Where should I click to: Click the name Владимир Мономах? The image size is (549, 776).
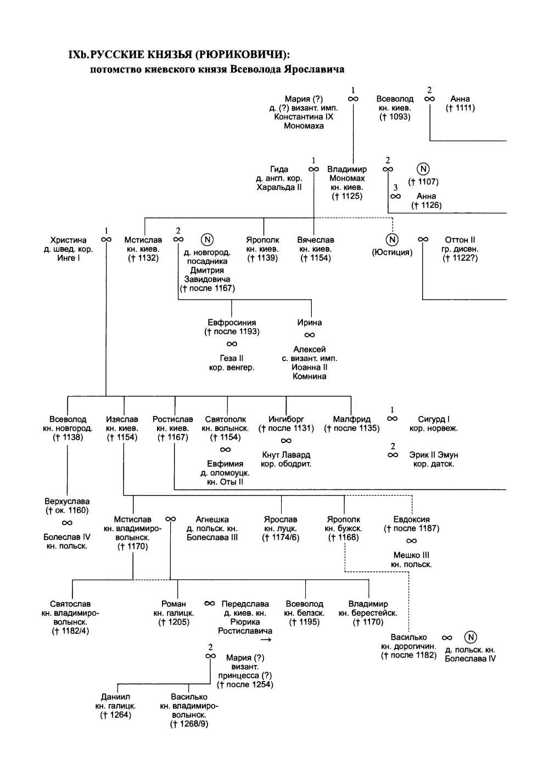point(347,173)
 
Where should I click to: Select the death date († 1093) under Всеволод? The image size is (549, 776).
point(395,117)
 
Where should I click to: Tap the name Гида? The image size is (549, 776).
point(279,169)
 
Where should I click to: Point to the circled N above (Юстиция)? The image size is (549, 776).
point(392,240)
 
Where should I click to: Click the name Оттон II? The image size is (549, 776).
point(460,240)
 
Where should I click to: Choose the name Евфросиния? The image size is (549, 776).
point(232,323)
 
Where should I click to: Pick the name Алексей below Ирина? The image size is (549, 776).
point(310,350)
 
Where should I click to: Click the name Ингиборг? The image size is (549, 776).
point(286,419)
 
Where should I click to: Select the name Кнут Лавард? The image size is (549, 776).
point(286,455)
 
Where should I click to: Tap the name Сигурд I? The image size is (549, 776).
point(434,419)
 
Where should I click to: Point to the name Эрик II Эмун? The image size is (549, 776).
point(434,455)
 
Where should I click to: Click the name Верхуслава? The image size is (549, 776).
point(67,502)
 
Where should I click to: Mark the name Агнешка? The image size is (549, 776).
point(212,519)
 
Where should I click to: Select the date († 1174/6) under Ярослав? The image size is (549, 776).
point(281,537)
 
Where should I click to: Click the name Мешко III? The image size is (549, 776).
point(411,555)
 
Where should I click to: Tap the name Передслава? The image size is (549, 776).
point(245,604)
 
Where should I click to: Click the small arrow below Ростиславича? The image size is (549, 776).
point(266,640)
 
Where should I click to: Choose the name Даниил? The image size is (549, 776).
point(115,697)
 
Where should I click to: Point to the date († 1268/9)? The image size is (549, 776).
point(189,724)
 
